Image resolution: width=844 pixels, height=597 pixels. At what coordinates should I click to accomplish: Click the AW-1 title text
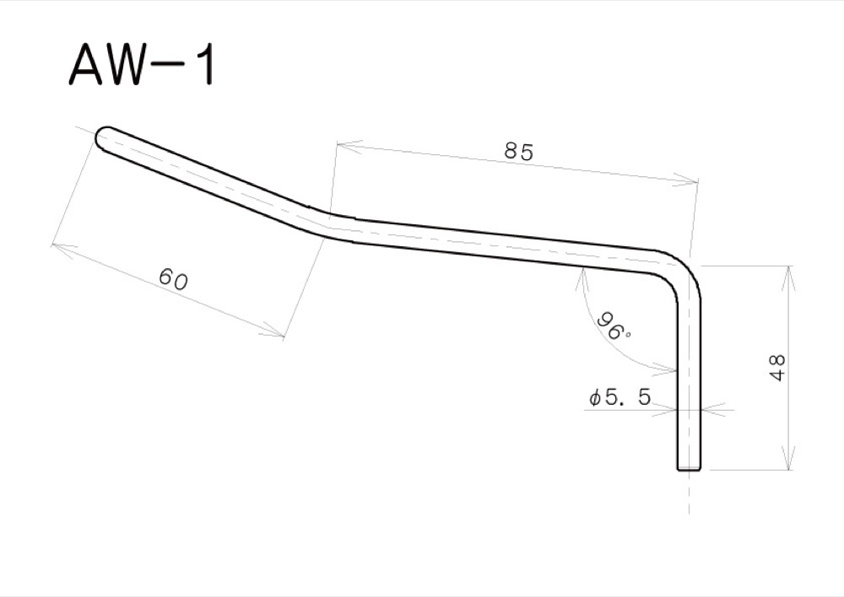(142, 65)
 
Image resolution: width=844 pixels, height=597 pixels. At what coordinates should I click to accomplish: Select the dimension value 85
(519, 153)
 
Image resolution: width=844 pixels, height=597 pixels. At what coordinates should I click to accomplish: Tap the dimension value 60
(174, 280)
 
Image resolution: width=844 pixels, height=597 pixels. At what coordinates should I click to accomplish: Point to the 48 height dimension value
(777, 368)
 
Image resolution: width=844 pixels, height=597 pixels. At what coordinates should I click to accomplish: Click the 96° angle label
(614, 326)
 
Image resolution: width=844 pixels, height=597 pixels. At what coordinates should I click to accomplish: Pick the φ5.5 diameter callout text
(620, 397)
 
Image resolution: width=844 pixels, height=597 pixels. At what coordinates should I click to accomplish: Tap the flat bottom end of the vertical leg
(690, 468)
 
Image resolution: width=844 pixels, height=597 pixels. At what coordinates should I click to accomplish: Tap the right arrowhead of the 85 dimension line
(692, 180)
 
